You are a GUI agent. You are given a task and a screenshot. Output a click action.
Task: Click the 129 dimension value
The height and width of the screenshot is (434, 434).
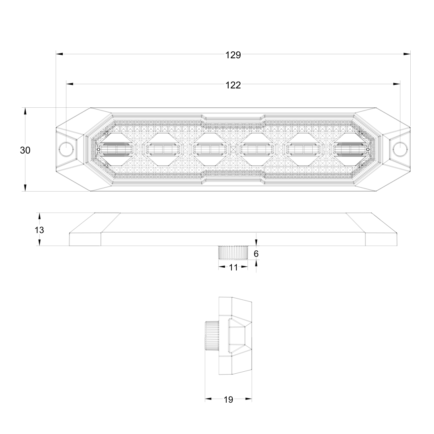coord(233,55)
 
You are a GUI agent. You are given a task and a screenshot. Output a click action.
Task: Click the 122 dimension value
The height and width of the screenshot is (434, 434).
coord(233,85)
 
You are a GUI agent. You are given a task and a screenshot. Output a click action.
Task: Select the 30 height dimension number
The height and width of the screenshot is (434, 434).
coord(25,150)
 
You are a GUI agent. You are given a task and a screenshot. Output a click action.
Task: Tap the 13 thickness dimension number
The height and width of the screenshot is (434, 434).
coord(39,230)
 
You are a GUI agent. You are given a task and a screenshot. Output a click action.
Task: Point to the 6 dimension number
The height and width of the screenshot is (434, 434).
coord(256,254)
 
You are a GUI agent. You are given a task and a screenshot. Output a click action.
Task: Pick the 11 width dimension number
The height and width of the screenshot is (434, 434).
coord(233,267)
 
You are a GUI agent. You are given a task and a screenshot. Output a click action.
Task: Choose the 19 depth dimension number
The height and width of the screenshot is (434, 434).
coord(228,400)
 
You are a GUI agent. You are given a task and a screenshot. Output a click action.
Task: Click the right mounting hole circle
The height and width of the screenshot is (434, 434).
coord(400,149)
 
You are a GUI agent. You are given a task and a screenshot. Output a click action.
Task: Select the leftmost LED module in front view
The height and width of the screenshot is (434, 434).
coord(116,149)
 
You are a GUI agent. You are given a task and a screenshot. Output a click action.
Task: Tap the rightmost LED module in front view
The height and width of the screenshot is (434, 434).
coord(351,149)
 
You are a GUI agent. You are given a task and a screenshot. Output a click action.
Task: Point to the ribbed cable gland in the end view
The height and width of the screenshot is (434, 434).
coord(212,336)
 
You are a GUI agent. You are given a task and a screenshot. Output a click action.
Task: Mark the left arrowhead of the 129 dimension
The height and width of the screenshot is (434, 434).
coord(59,54)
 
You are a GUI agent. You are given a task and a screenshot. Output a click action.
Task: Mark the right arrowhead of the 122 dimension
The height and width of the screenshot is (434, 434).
coord(397,84)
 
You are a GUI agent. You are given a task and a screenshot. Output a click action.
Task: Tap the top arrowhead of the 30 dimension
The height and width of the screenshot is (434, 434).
coord(25,111)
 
